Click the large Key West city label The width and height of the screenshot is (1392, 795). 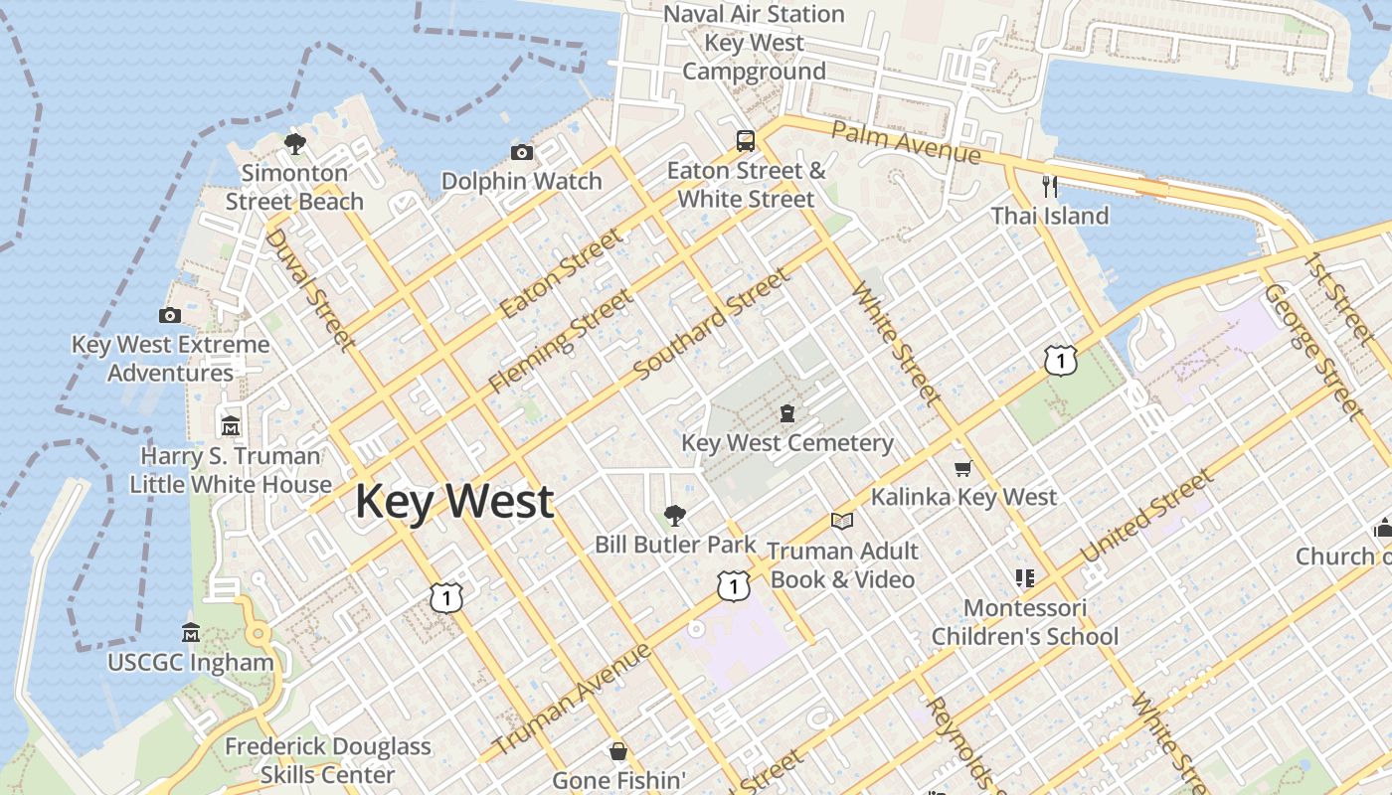pos(454,501)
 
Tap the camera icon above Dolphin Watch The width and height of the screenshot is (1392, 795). pos(521,152)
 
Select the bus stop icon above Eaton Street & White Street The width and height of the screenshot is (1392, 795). pos(746,140)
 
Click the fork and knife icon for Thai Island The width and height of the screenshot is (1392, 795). pos(1049,186)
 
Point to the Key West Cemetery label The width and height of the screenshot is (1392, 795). pos(786,443)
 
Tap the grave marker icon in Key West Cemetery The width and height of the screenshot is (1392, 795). pos(787,412)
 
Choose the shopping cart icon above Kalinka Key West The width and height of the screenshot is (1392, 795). pos(961,467)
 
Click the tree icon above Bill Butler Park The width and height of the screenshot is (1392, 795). pos(675,515)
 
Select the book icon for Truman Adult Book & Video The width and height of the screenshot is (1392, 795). pos(842,521)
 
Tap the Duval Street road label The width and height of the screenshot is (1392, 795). pos(310,289)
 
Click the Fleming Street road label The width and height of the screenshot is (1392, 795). pos(561,341)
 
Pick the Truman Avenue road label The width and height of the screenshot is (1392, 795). pos(573,698)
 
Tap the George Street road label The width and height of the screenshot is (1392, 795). pos(1310,349)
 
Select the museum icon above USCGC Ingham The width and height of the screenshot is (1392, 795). pos(191,633)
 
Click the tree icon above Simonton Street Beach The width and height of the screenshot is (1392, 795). pos(294,144)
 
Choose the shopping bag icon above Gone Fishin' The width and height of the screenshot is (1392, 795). pos(618,751)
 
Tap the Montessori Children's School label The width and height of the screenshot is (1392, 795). pos(1025,622)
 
